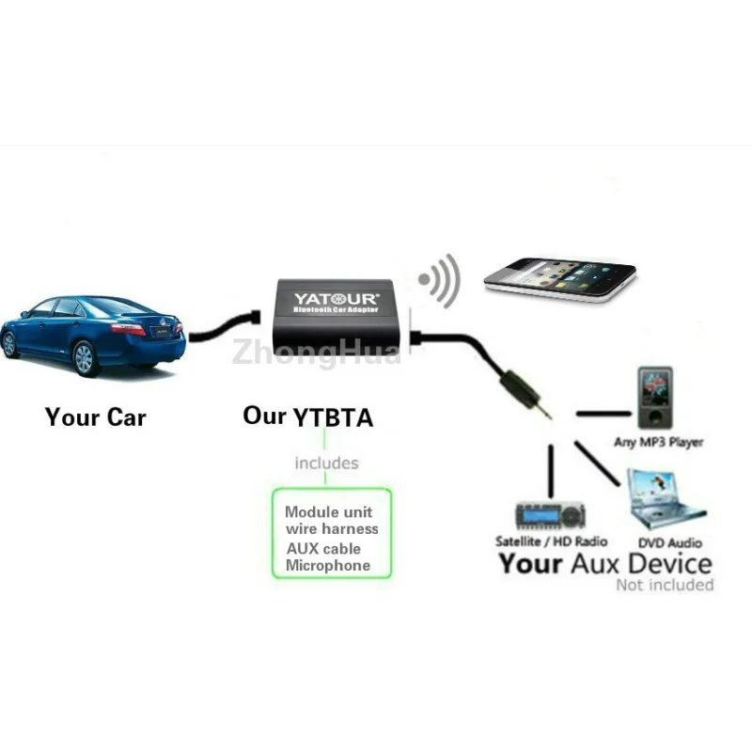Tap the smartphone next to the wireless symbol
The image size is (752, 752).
point(559,279)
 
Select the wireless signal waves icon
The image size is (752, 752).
point(440,278)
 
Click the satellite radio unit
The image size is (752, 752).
point(550,514)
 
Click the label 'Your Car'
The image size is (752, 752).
point(95,416)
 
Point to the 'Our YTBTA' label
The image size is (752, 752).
point(307,415)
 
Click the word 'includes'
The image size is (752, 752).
point(326,462)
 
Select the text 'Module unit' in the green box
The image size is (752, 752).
point(328,512)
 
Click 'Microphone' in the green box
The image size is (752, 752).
point(328,566)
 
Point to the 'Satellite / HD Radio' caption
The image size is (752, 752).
point(551,541)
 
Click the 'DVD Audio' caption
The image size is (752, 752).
point(670,542)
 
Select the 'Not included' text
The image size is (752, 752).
point(665,585)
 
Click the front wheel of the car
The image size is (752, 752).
point(84,358)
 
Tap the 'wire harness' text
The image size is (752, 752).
point(333,529)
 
